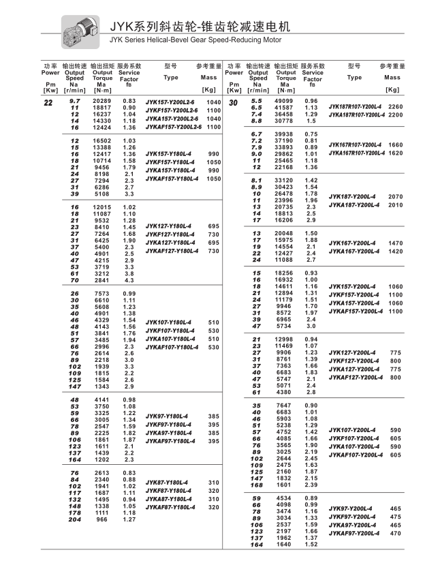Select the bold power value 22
point(48,103)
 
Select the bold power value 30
point(233,103)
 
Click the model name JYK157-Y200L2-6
point(171,102)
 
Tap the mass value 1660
point(395,144)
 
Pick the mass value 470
point(395,533)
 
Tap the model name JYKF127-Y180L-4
point(172,234)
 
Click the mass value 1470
point(395,243)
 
